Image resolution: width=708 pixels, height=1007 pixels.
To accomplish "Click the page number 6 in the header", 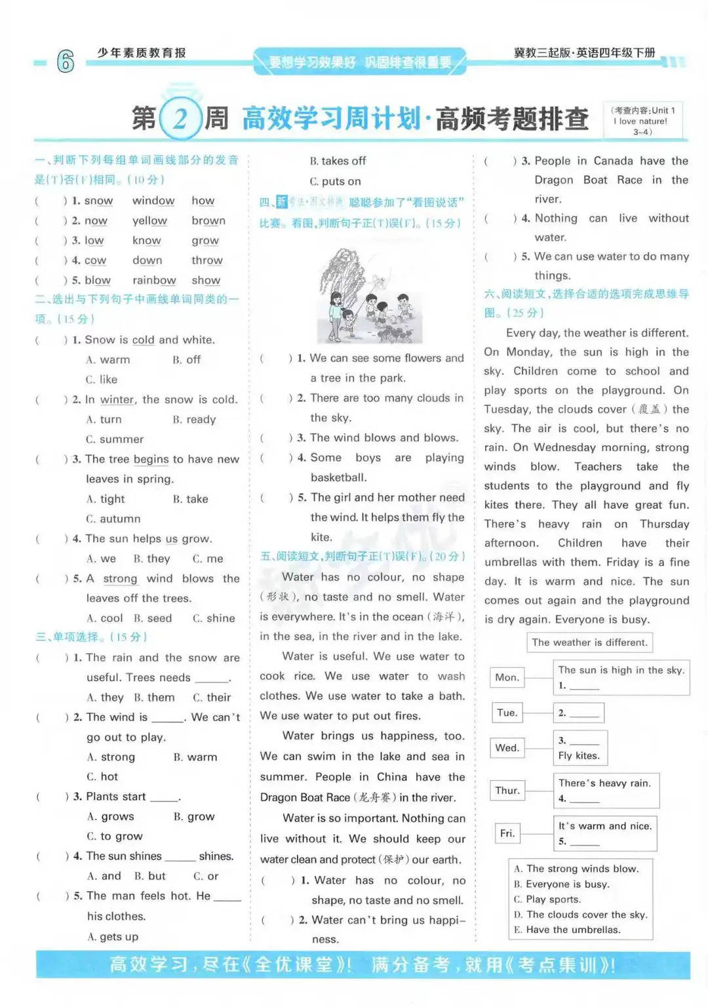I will [66, 61].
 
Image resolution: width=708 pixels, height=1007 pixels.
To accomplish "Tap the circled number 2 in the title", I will [180, 119].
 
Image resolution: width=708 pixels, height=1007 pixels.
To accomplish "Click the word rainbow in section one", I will [154, 280].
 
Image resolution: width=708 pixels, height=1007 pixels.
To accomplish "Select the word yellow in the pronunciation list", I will [149, 220].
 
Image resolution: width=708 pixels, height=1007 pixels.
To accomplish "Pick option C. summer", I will [115, 439].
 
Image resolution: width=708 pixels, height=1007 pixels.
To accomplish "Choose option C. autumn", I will [113, 519].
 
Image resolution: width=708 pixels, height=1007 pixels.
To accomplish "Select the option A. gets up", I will [113, 936].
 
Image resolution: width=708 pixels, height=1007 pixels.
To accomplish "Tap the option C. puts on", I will [335, 181].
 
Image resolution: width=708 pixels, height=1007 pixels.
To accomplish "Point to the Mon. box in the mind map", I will [507, 677].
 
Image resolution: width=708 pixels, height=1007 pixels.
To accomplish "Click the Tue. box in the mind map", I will [507, 713].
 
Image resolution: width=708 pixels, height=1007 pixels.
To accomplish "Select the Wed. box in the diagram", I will [507, 747].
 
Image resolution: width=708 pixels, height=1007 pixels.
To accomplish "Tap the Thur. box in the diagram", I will [507, 790].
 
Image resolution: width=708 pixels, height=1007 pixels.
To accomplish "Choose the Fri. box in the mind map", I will [507, 833].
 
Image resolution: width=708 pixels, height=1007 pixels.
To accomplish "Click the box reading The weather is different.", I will [589, 642].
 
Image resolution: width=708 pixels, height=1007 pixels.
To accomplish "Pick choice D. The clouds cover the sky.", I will [581, 914].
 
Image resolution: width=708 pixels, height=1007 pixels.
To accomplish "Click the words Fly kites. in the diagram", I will [579, 755].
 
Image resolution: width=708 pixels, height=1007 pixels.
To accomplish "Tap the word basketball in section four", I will [338, 477].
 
